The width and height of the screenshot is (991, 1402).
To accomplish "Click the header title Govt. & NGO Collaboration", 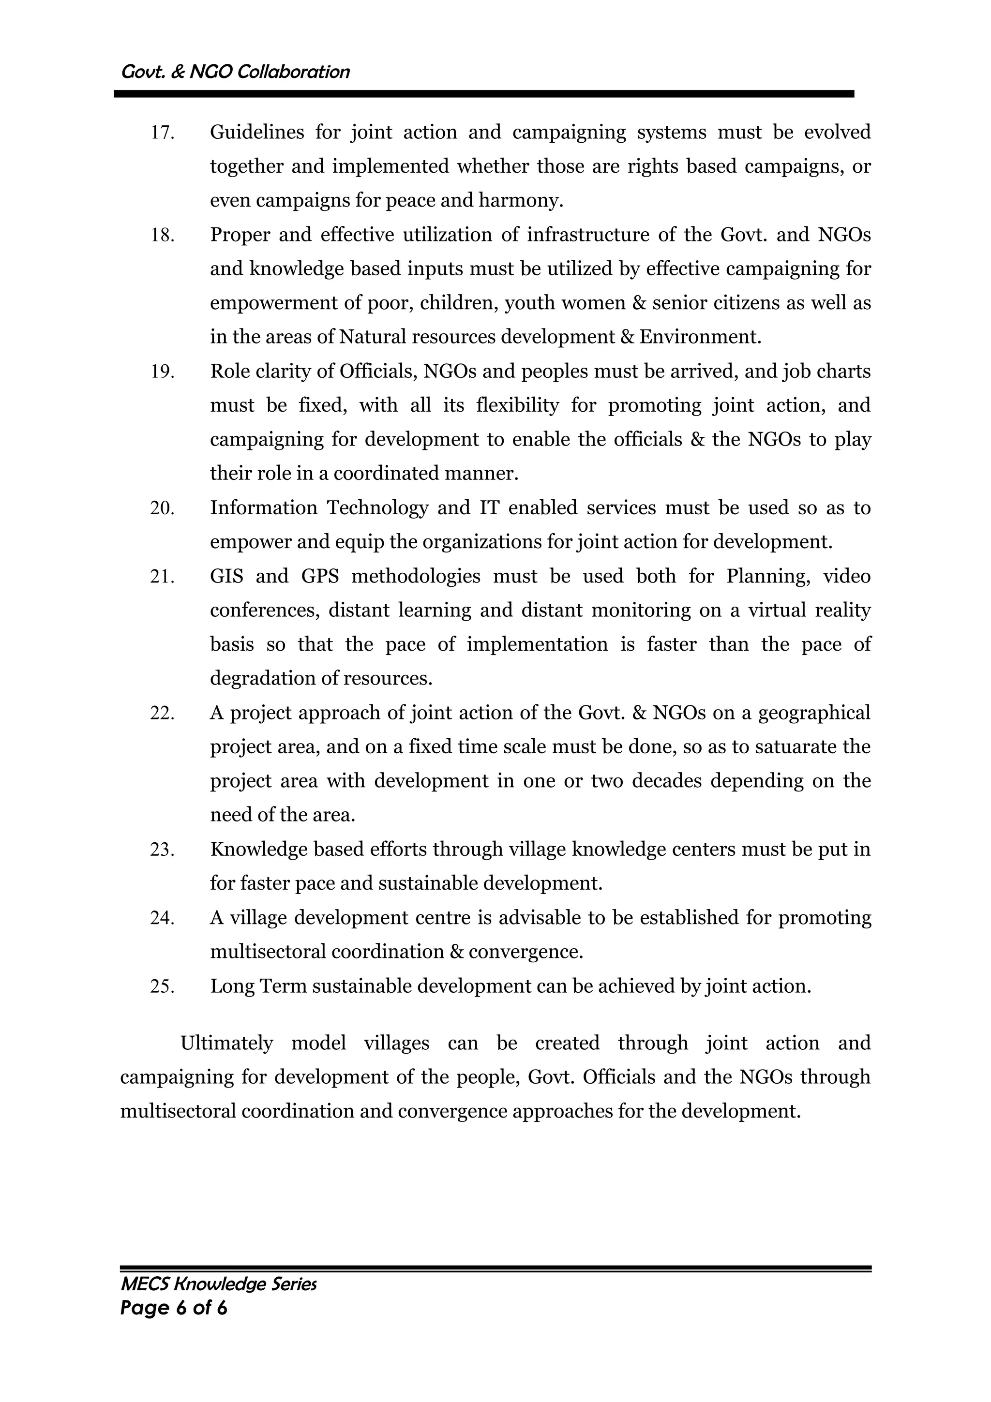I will (x=236, y=72).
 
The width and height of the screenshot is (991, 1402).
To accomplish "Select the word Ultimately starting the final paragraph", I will (x=226, y=1043).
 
